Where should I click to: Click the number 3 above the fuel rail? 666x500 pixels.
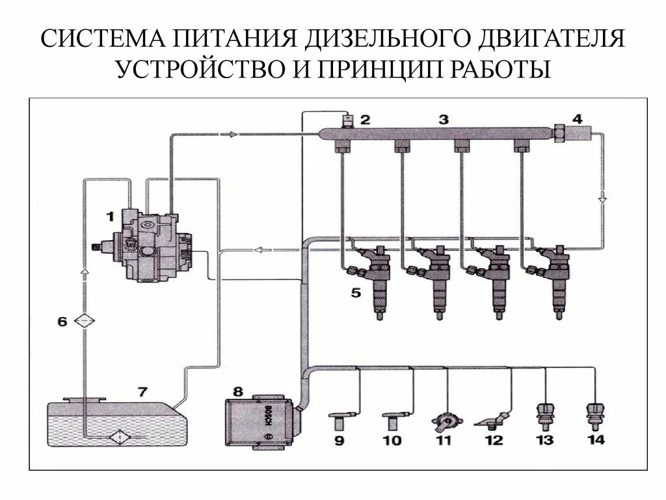click(444, 119)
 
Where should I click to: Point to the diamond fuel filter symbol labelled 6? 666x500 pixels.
click(85, 321)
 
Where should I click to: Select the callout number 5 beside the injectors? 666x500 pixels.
click(356, 293)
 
